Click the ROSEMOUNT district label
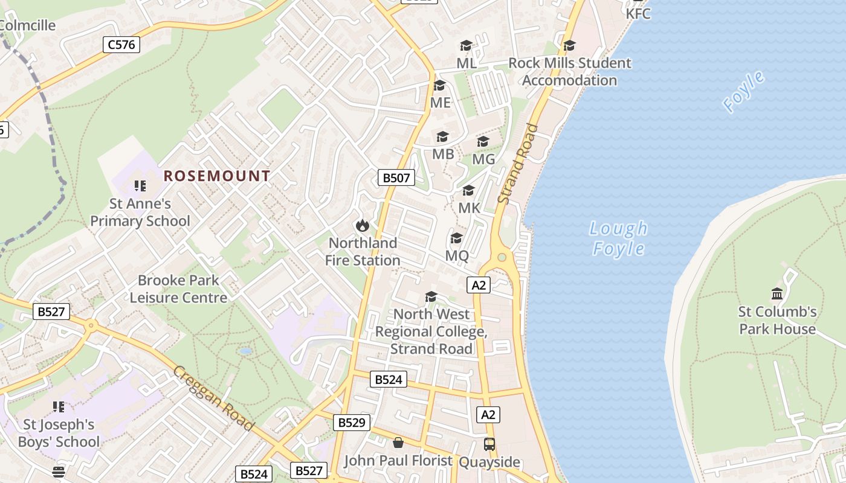(x=217, y=176)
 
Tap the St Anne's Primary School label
(x=140, y=213)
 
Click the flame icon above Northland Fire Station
(x=362, y=226)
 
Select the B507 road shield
(x=396, y=178)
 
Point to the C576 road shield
(x=121, y=44)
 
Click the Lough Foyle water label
(x=618, y=238)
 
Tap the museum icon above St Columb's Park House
(x=777, y=294)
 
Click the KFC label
(x=638, y=13)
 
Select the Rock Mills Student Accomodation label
(x=569, y=71)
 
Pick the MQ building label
(x=457, y=255)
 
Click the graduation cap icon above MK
(x=468, y=191)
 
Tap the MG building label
(x=483, y=159)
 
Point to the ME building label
(x=440, y=103)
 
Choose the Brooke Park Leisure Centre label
(x=178, y=289)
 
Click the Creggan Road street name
(x=213, y=398)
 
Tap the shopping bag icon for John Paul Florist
(x=398, y=443)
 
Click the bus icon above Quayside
(x=489, y=444)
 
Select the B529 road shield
(x=351, y=423)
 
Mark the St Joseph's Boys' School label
(x=59, y=433)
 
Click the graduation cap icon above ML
(x=466, y=46)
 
